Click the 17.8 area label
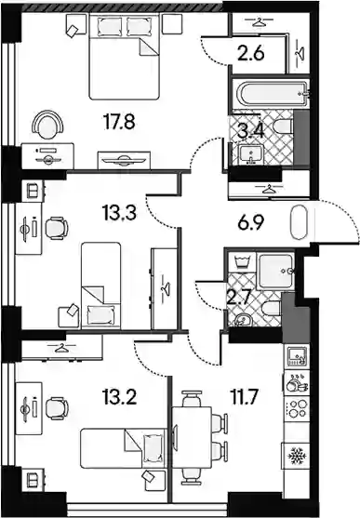click(119, 122)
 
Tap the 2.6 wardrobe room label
click(251, 53)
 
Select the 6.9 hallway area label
click(250, 223)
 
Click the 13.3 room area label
click(119, 213)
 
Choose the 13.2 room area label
click(119, 397)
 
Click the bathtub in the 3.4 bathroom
click(271, 93)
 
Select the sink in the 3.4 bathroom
click(251, 154)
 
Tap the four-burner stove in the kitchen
click(297, 408)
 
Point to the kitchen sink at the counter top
click(297, 356)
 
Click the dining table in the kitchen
click(192, 438)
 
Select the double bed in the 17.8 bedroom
click(125, 56)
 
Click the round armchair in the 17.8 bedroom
click(47, 126)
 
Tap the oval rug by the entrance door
click(299, 222)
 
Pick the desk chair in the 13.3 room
click(56, 228)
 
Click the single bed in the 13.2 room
click(123, 448)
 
